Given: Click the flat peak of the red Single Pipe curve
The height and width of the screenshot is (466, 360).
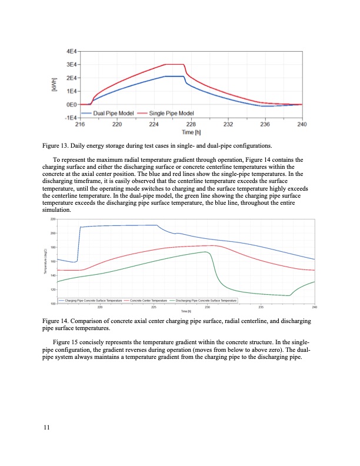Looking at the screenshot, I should pyautogui.click(x=174, y=64).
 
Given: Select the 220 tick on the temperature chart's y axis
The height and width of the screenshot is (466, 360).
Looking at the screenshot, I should pyautogui.click(x=52, y=219).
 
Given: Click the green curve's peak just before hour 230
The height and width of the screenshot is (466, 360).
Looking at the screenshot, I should pyautogui.click(x=205, y=252).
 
